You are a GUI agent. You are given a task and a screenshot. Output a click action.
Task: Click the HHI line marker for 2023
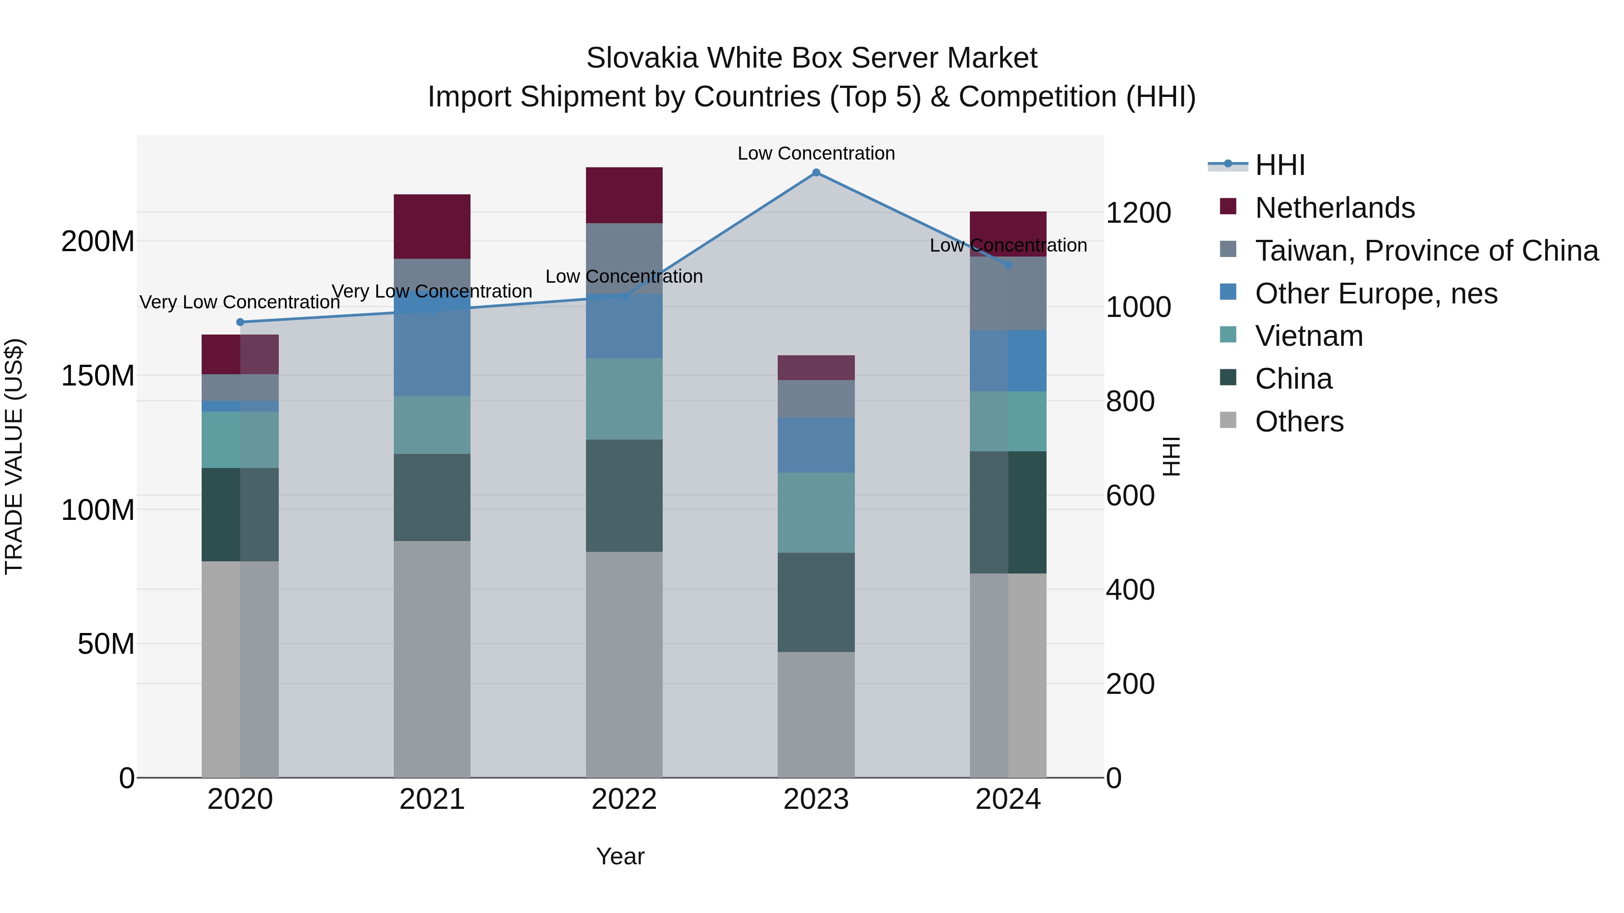tap(816, 173)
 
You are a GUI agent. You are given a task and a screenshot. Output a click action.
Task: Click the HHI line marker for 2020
tap(240, 322)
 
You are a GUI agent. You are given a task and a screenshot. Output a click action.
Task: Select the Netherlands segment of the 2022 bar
tap(624, 195)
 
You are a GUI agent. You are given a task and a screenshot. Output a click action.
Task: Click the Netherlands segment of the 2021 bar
tap(432, 227)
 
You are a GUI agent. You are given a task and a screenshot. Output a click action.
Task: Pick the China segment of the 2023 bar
tap(816, 602)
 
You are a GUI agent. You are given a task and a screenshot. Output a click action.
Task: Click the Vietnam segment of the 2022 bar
tap(624, 399)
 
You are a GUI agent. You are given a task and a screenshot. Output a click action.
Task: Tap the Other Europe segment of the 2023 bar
tap(816, 445)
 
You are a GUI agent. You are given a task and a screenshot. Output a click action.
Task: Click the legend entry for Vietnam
tap(1309, 336)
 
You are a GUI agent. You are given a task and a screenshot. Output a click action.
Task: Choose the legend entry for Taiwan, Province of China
tap(1426, 251)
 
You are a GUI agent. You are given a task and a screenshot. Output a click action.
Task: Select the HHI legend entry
tap(1280, 165)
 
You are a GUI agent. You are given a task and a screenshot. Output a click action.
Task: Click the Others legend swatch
tap(1228, 420)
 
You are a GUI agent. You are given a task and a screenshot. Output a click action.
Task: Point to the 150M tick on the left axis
tap(98, 376)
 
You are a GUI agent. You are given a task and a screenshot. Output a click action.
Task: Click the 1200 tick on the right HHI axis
tap(1138, 212)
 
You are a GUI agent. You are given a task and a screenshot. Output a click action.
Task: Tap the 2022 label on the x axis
tap(624, 799)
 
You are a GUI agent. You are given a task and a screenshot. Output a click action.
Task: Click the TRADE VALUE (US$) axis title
tap(14, 456)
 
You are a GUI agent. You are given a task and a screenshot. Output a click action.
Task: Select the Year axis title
tap(620, 856)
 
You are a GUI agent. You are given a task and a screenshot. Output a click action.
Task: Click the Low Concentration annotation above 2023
tap(816, 153)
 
